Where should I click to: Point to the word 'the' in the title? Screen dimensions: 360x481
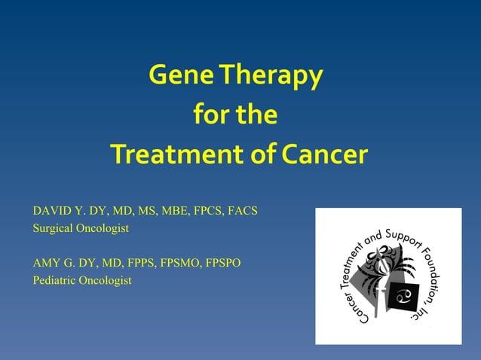click(x=256, y=115)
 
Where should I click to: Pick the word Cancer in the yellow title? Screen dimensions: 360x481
click(x=325, y=154)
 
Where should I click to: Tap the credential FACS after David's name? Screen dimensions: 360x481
click(x=243, y=211)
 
